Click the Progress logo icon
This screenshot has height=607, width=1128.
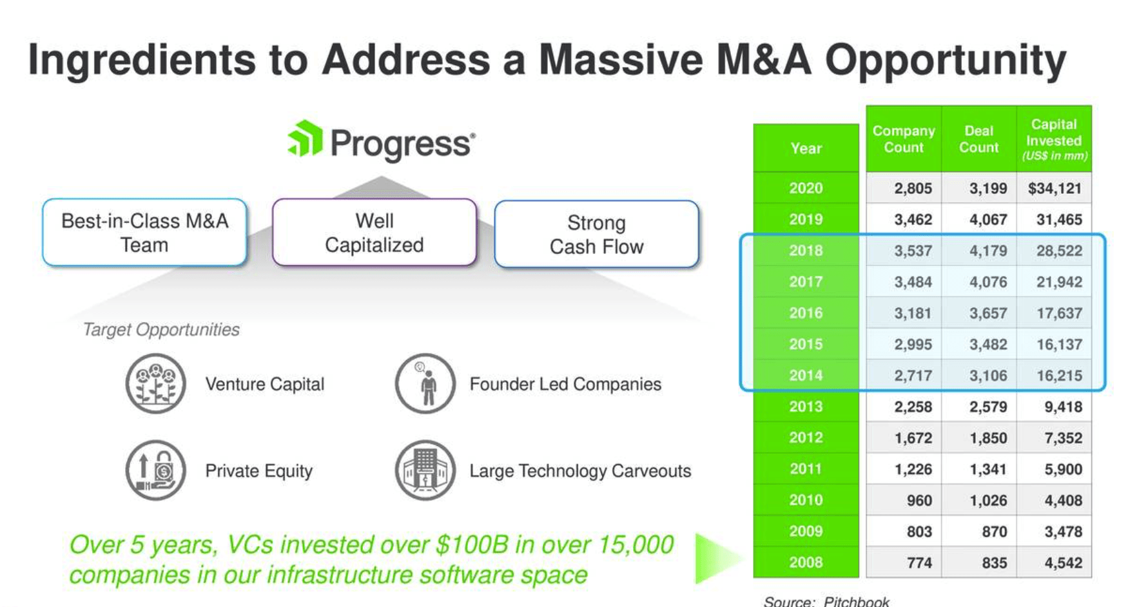pos(306,139)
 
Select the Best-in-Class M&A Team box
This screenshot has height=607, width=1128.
pos(144,233)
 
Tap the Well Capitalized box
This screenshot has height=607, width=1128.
pos(374,233)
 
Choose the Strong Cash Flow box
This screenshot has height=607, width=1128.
pos(596,235)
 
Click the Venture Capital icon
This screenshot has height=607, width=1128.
pos(155,383)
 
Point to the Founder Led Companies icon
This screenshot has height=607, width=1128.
pos(425,383)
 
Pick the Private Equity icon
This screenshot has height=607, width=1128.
pos(155,470)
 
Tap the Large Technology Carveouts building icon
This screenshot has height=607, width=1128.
pos(425,470)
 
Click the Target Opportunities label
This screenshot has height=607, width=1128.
pos(161,329)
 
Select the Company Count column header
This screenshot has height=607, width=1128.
pos(903,139)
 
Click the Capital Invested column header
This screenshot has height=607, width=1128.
pos(1054,139)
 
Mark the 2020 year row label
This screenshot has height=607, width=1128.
pos(806,188)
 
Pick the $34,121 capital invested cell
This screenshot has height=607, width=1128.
pos(1054,188)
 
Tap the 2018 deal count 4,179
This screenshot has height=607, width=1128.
pos(987,251)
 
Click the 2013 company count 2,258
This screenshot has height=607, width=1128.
pos(913,407)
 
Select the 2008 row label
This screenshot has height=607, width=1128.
pos(806,563)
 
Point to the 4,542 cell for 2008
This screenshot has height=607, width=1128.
pos(1063,563)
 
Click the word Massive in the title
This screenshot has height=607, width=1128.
pos(621,60)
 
